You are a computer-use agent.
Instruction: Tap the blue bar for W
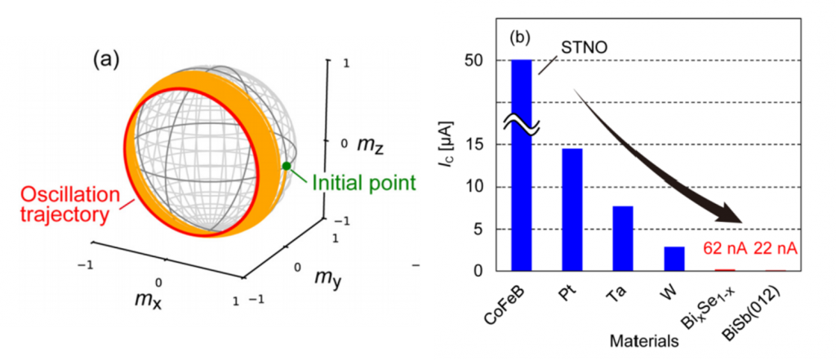pyautogui.click(x=674, y=259)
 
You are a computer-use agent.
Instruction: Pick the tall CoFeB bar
pyautogui.click(x=522, y=166)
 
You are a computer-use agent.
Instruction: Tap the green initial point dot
pyautogui.click(x=287, y=166)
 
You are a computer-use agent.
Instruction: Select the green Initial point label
pyautogui.click(x=363, y=183)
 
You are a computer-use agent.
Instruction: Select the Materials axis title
pyautogui.click(x=645, y=340)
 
